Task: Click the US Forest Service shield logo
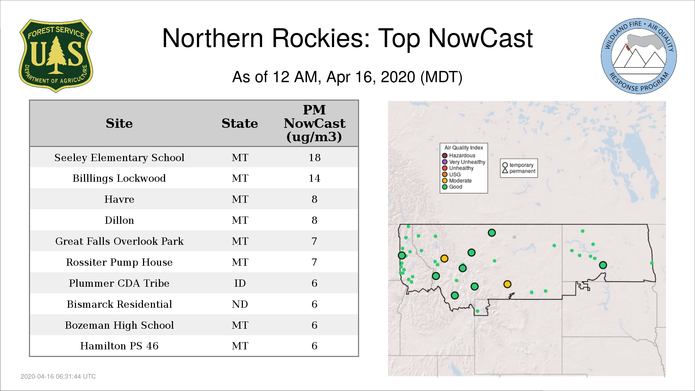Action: tap(56, 56)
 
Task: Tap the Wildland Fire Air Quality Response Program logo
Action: tap(639, 56)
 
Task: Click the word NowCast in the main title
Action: tap(480, 38)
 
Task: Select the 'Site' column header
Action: tap(119, 123)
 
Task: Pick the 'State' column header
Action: tap(240, 123)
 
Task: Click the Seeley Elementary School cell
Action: tap(119, 157)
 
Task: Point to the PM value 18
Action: tap(315, 157)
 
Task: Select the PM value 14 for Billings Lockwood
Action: tap(315, 178)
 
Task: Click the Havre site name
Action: tap(119, 199)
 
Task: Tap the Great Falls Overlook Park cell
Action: tap(119, 241)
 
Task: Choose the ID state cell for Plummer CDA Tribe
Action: tap(240, 283)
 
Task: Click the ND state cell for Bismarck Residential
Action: tap(240, 304)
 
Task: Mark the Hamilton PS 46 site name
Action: tap(119, 346)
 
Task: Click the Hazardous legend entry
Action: tap(459, 156)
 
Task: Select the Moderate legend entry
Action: tap(457, 181)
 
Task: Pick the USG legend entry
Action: tap(451, 175)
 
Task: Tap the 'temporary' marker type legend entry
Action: tap(518, 165)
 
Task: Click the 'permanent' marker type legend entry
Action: tap(519, 171)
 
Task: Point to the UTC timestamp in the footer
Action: tap(58, 377)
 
